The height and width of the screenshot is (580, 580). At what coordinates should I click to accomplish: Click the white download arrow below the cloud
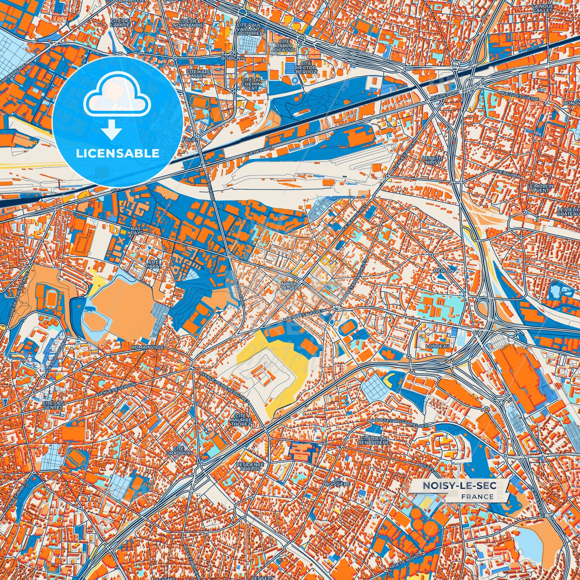tap(112, 130)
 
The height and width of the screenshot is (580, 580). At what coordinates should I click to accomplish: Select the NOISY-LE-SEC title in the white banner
tap(459, 486)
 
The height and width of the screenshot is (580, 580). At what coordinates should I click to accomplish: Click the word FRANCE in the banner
tap(477, 497)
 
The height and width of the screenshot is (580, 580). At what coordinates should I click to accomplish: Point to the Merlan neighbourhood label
tap(444, 271)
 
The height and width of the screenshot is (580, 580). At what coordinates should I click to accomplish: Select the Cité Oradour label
tap(181, 451)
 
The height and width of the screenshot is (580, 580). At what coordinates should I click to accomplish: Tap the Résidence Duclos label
tap(250, 466)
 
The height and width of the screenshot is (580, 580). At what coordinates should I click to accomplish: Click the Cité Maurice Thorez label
tap(241, 420)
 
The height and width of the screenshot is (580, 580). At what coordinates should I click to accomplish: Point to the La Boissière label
tap(343, 482)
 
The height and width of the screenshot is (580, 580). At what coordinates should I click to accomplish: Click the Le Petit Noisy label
tap(431, 160)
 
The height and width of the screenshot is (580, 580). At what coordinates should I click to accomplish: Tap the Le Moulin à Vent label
tap(540, 188)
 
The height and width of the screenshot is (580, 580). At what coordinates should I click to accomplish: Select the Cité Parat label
tap(154, 264)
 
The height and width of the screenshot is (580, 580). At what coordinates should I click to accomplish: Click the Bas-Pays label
tap(136, 230)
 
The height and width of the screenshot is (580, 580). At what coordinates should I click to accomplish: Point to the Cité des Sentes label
tap(53, 405)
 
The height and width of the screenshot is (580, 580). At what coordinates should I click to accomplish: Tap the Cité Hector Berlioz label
tap(306, 67)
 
